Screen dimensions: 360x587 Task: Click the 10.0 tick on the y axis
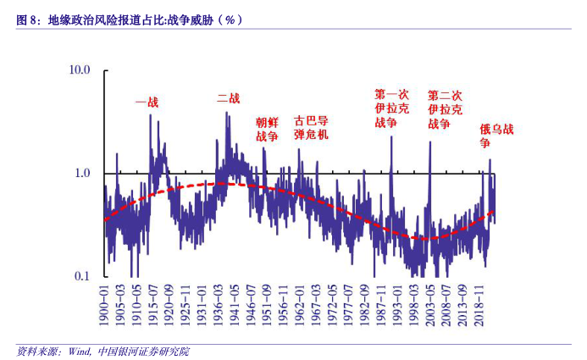(x=80, y=69)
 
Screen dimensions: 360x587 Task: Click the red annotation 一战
(x=147, y=102)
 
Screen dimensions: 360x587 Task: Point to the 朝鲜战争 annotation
(x=267, y=129)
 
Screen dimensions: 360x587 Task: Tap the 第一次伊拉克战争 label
(x=391, y=108)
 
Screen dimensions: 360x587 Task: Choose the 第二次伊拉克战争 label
(x=445, y=109)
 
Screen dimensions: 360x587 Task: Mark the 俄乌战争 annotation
(x=496, y=136)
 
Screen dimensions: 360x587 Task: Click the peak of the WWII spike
(x=226, y=113)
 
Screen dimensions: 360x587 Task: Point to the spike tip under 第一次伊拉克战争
(x=391, y=136)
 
